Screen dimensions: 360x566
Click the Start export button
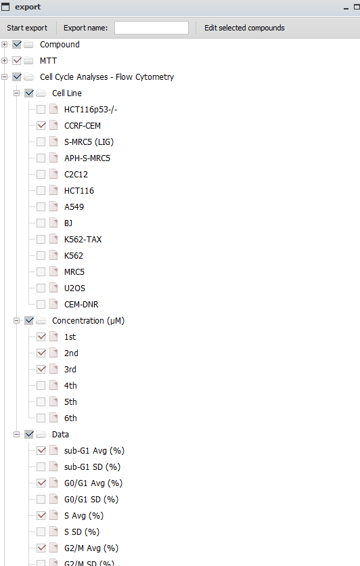(27, 28)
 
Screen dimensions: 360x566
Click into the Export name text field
(152, 28)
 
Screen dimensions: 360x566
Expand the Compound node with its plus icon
(4, 45)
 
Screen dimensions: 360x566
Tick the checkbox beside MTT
(17, 61)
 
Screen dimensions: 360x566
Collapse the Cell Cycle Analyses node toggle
(4, 77)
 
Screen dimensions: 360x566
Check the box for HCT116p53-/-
(41, 110)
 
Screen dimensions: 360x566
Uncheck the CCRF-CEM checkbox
(41, 126)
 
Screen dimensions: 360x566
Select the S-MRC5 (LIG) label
(89, 142)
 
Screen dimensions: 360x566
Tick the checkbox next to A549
(41, 207)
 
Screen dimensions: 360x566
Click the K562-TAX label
(83, 239)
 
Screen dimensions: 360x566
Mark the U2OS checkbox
(41, 288)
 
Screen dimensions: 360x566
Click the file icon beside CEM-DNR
(53, 304)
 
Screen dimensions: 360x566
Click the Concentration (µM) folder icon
(41, 320)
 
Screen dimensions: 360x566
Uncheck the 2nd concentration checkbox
(41, 353)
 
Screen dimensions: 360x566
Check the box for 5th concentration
(41, 401)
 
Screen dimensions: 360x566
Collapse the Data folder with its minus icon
(17, 434)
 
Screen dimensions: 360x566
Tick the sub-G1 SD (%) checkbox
(41, 466)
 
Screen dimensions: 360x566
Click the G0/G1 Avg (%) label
(93, 483)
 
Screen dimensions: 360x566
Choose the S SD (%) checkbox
(41, 531)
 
